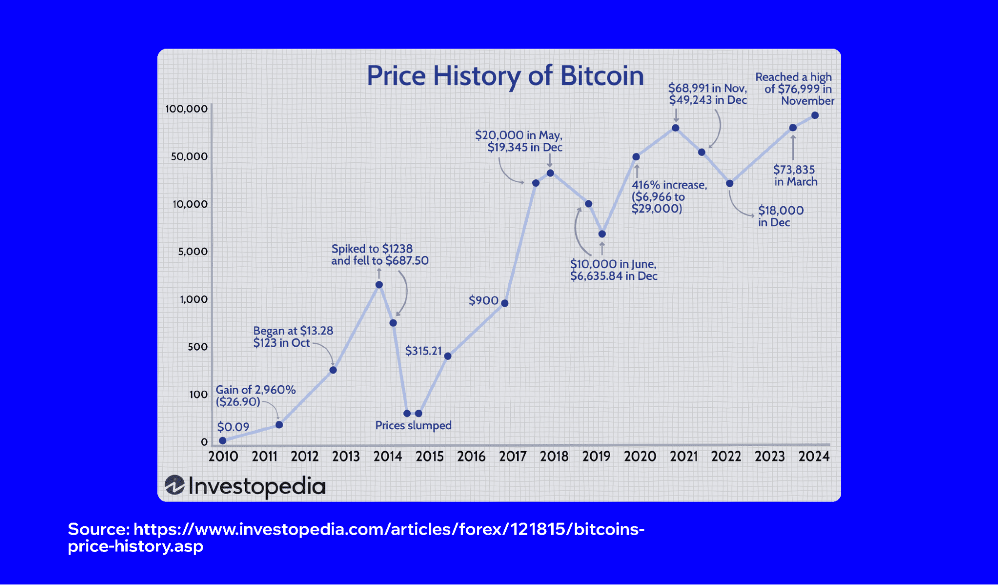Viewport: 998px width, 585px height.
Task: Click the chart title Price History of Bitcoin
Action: [505, 76]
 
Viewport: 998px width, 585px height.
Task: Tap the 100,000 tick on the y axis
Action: [186, 109]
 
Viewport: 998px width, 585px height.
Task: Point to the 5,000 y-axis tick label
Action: [193, 251]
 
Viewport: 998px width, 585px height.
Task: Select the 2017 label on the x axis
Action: [513, 456]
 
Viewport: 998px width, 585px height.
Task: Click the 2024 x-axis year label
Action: [813, 456]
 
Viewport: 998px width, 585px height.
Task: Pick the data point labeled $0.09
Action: [223, 440]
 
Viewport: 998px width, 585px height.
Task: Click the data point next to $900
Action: [505, 303]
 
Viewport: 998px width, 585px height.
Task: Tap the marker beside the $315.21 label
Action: [448, 356]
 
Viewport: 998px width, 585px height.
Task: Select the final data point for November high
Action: [815, 115]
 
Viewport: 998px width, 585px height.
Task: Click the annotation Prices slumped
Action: [413, 425]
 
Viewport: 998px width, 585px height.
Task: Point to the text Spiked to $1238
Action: [372, 249]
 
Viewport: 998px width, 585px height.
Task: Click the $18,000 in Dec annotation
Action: [780, 216]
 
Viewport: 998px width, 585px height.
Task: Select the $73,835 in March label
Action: [795, 175]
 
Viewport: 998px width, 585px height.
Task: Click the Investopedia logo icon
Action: [175, 485]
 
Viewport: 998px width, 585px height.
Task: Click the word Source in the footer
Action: [98, 529]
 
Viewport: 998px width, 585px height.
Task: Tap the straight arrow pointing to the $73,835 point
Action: [793, 147]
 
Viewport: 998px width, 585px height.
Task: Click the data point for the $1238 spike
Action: [379, 285]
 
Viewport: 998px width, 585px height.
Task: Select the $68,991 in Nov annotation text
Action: [707, 88]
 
